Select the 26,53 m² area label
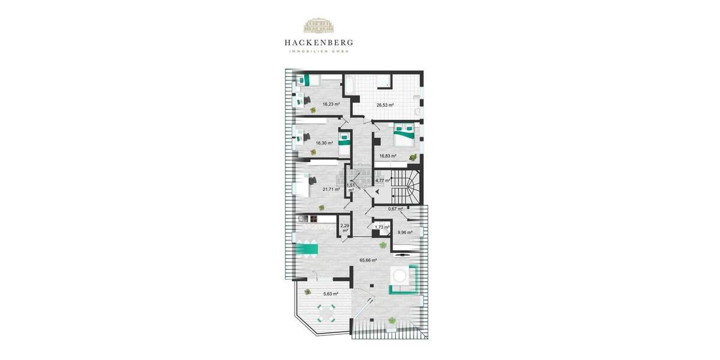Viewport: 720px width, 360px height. click(x=385, y=105)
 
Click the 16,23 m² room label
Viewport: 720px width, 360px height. click(x=331, y=104)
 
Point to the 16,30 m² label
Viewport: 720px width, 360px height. click(x=324, y=143)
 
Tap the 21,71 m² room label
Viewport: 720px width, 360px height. click(x=331, y=189)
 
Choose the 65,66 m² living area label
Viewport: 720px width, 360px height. click(x=368, y=260)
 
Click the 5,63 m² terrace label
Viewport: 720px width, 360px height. click(x=331, y=293)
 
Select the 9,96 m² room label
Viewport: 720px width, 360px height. click(x=405, y=232)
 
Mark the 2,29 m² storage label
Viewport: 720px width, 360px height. click(x=344, y=227)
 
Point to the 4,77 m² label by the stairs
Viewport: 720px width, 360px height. click(x=382, y=180)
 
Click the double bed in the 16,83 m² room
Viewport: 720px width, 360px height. click(x=404, y=133)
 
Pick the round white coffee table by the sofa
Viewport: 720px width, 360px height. click(x=400, y=275)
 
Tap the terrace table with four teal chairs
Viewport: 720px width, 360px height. click(x=327, y=313)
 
